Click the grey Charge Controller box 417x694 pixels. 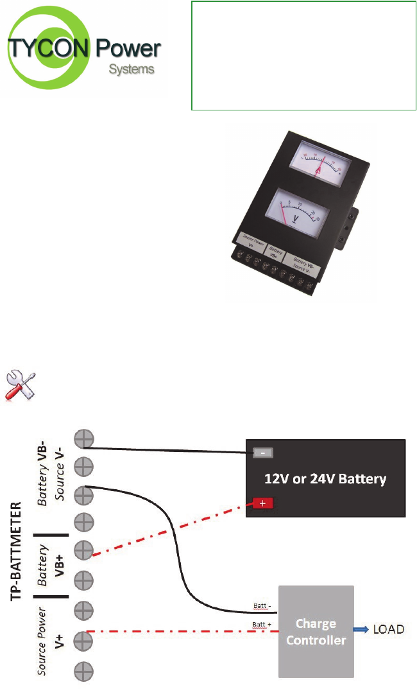pos(316,631)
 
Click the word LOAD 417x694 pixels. pos(389,629)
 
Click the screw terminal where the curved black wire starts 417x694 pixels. pos(84,495)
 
